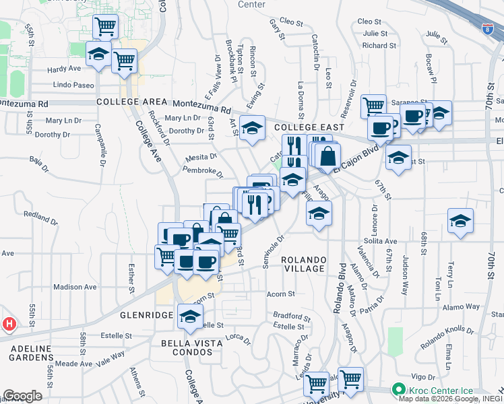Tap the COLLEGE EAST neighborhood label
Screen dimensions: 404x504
[x=309, y=127]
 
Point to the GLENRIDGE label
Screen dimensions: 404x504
[x=143, y=314]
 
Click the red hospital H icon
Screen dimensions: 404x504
[x=9, y=325]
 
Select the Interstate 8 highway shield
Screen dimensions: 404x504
[x=488, y=29]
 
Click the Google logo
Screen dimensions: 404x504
[x=23, y=396]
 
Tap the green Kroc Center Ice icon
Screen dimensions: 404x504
[x=398, y=390]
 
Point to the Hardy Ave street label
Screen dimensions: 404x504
[x=64, y=69]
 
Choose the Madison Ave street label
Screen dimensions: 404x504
[x=75, y=286]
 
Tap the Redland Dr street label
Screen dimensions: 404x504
[x=42, y=217]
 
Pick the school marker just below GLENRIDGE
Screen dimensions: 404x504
[x=190, y=316]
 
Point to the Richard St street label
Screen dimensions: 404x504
[x=379, y=46]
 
